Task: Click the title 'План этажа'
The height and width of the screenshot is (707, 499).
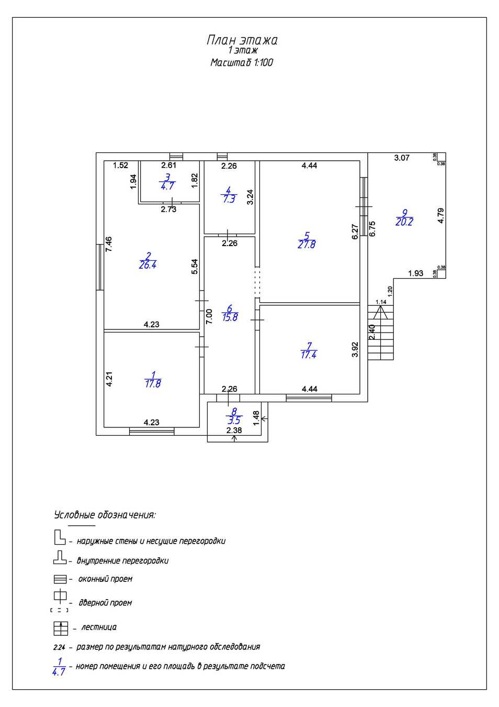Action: tap(242, 40)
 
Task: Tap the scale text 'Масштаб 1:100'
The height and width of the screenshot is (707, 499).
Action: tap(242, 62)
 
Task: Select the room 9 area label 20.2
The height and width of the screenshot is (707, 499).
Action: tap(404, 222)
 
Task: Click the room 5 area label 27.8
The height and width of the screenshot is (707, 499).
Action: tap(307, 244)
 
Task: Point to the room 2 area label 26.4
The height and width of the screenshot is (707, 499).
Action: tap(148, 264)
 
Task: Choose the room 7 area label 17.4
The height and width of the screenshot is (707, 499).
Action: tap(309, 355)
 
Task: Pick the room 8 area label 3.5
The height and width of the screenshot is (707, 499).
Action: tap(234, 420)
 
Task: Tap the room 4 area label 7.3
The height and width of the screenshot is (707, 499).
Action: tap(229, 199)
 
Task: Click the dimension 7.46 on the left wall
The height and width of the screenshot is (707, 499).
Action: tap(109, 245)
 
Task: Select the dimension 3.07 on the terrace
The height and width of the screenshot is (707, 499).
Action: tap(402, 158)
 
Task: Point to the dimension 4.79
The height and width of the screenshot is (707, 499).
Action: tap(441, 216)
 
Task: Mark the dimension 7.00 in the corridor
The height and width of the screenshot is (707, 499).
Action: tap(209, 316)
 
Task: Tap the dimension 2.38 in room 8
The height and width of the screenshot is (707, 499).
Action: tap(234, 430)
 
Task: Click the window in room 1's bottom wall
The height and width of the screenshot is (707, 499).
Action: tap(152, 432)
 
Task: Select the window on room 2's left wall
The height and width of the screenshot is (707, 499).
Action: tap(99, 267)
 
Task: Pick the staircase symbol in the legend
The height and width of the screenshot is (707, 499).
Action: tap(61, 628)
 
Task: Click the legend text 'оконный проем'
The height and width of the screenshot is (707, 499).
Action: tap(105, 579)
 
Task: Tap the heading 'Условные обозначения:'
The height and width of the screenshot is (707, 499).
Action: tap(105, 515)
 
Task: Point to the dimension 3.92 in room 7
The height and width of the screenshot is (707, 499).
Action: tap(355, 349)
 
